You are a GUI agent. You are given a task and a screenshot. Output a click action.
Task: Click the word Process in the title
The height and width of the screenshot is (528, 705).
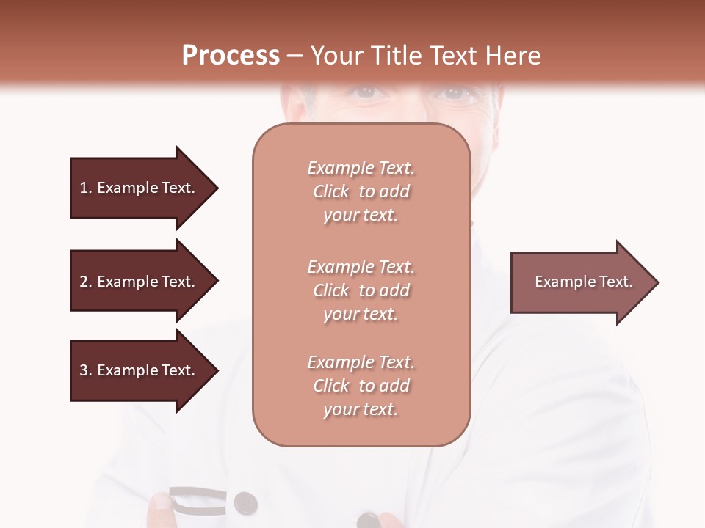pos(231,56)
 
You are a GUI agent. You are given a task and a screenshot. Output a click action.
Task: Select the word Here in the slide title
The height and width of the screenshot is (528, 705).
pos(513,56)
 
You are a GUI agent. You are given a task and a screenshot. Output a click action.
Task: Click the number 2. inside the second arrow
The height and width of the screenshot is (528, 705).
pos(86,282)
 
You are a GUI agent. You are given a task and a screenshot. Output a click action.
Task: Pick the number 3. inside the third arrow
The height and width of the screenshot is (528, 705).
pos(86,370)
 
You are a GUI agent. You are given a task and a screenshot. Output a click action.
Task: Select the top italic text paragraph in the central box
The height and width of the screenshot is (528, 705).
pos(361,191)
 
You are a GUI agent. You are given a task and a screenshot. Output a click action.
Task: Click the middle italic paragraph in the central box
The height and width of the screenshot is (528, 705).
pos(361,290)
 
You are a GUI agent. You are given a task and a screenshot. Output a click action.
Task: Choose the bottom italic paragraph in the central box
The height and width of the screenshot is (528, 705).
pos(361,386)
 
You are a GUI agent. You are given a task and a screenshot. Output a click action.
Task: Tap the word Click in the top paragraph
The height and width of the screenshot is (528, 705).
pos(331,191)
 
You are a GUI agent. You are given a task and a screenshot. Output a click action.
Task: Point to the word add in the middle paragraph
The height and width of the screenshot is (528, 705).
pos(395,290)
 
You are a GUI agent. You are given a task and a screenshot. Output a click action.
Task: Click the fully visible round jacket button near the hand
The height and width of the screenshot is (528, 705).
pos(245,502)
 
